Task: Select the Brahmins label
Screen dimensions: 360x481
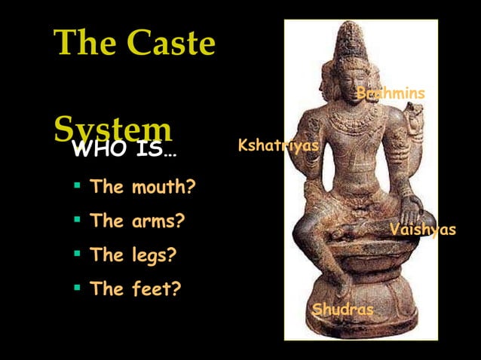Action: pos(391,93)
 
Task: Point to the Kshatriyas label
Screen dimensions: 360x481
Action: pos(277,145)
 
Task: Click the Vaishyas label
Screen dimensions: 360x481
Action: pos(423,229)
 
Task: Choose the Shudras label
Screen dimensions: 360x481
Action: pos(342,310)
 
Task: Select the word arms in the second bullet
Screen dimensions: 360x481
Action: pos(158,221)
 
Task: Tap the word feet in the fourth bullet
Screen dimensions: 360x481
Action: pos(155,288)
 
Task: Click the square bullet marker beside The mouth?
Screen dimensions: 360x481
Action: pos(77,185)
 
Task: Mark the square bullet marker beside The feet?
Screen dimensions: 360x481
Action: pos(77,288)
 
